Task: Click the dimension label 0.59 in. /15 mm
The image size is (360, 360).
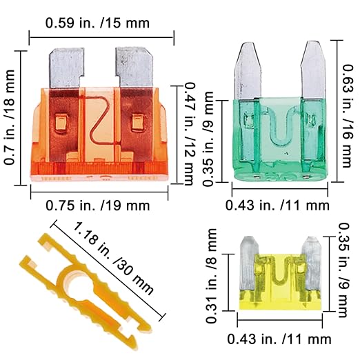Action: coord(97,23)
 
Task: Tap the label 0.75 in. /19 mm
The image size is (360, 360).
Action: coord(98,206)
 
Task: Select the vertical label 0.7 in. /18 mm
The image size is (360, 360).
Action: coord(10,117)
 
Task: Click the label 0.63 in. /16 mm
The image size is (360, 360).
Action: coord(348,116)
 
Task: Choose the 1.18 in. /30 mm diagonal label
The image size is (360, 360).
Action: coord(113,259)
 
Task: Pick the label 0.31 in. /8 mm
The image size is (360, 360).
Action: coord(211,276)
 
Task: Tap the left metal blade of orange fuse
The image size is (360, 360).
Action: coord(66,68)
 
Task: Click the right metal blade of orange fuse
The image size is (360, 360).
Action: coord(134,67)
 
